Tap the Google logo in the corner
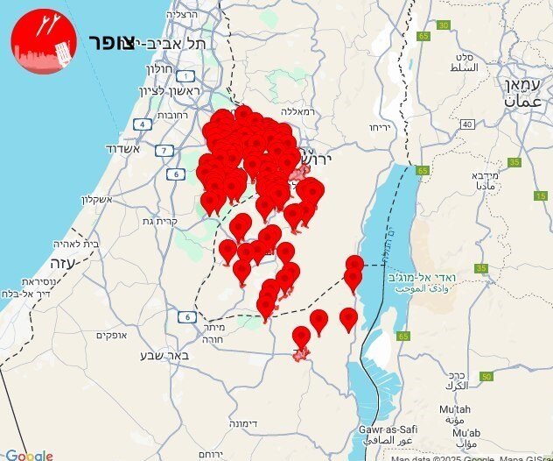[x=28, y=455]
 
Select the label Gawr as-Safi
[x=386, y=436]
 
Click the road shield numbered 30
[x=444, y=25]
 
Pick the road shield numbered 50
[x=486, y=376]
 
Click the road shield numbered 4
[x=141, y=124]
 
